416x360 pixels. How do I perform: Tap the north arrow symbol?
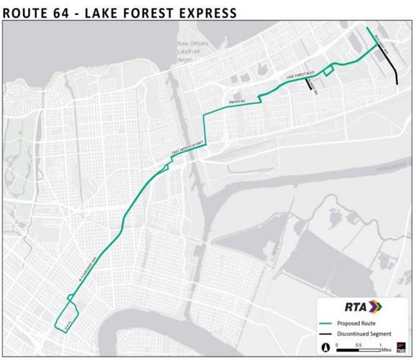(327, 347)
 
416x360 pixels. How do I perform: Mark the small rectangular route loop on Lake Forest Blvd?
(327, 69)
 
